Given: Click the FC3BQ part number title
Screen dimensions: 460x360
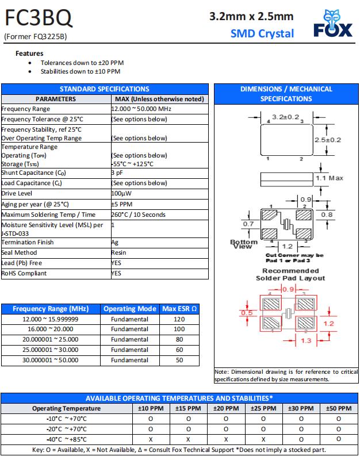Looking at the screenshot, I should (39, 20).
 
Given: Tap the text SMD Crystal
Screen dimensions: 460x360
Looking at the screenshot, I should (262, 33).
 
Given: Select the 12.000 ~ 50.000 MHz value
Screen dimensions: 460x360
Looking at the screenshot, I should (141, 109).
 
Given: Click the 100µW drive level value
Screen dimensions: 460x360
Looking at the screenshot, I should (122, 194).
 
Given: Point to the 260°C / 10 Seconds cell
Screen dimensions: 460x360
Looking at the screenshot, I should (138, 214).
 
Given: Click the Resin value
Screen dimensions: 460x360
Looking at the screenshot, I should (119, 252).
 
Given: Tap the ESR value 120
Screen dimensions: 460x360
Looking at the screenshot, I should (179, 319).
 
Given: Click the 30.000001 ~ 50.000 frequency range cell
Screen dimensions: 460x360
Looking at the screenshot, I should (50, 360).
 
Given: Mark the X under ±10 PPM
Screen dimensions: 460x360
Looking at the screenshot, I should (150, 439).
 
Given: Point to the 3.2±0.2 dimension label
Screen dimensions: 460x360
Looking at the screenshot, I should (286, 117).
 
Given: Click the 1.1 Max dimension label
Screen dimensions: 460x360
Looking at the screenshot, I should (329, 178).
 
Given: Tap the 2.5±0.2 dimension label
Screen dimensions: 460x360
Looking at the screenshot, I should (327, 140).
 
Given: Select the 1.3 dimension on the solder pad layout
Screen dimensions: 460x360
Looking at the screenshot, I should (305, 341).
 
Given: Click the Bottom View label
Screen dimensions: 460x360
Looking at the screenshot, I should (243, 244).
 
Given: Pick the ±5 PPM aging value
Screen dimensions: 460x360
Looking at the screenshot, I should (122, 204).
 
